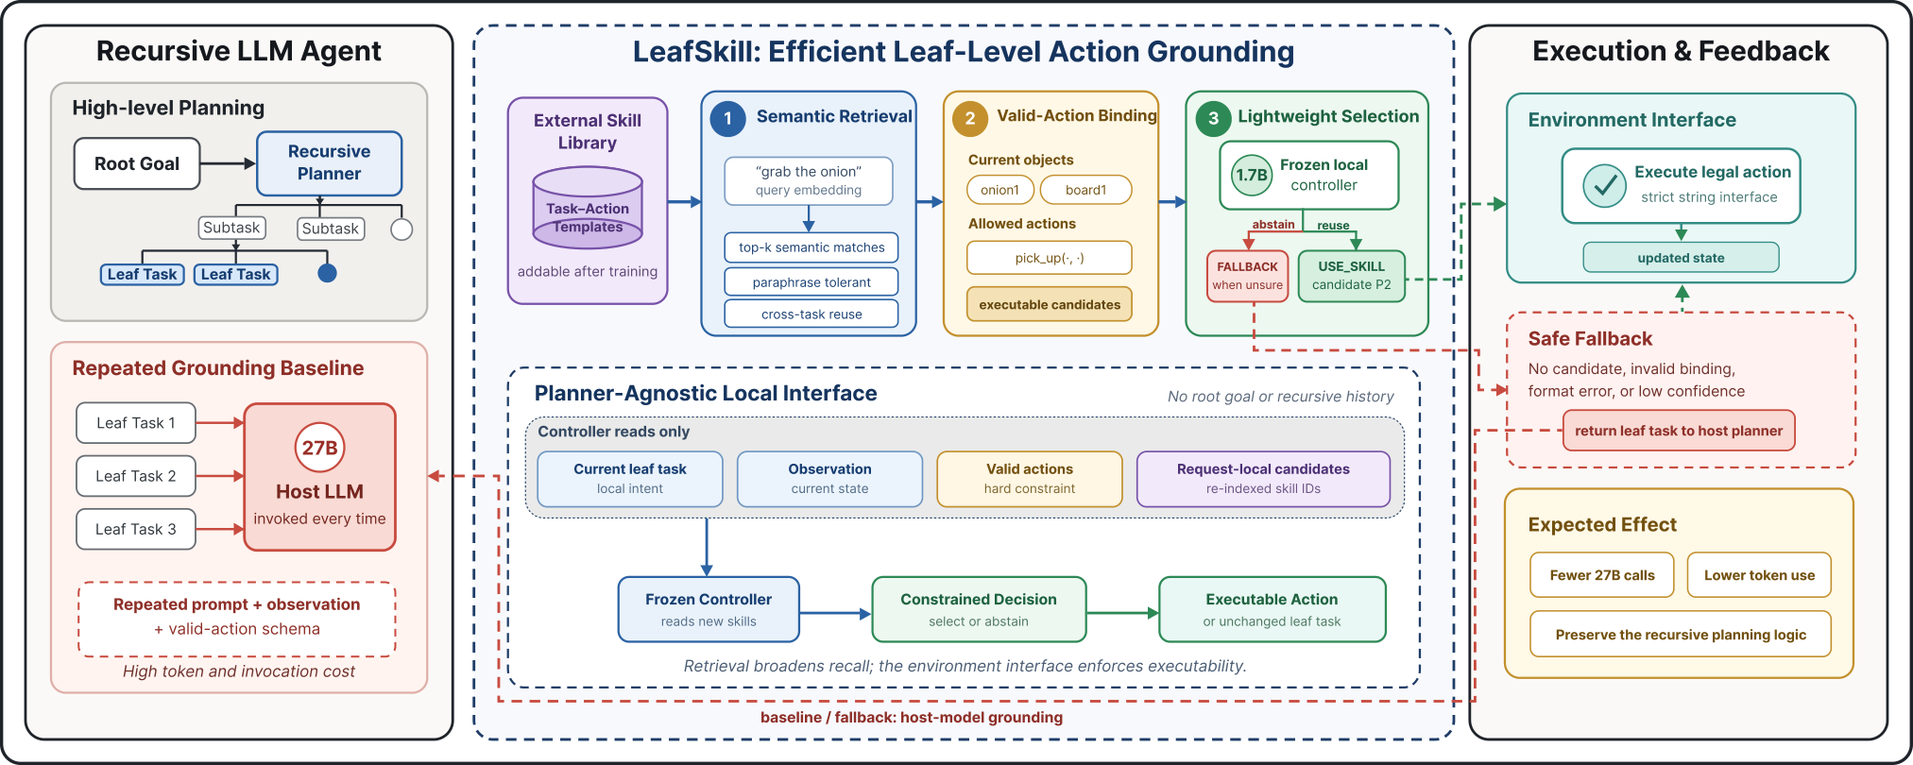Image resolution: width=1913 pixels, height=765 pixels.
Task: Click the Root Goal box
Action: coord(137,163)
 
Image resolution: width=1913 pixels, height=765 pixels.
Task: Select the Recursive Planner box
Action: coord(329,163)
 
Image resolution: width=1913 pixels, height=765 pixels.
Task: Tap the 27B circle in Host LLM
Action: coord(319,448)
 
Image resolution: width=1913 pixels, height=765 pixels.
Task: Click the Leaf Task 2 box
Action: coord(136,476)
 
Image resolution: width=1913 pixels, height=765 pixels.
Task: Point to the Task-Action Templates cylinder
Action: coord(588,208)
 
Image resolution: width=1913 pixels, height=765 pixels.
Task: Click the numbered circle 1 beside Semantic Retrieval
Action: coord(727,118)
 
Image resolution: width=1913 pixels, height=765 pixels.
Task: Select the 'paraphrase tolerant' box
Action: coord(811,281)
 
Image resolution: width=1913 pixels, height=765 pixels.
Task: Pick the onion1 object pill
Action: coord(999,190)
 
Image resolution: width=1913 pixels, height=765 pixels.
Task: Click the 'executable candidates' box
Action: coord(1050,304)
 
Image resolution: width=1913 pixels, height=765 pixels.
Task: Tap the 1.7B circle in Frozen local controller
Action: coord(1252,175)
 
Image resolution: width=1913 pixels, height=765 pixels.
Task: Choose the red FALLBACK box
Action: coord(1247,276)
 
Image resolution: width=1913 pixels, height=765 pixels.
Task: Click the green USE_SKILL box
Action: coord(1351,276)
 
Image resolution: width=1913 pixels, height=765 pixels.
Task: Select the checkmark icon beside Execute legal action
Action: coord(1604,186)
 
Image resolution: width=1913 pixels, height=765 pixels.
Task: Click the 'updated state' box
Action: coord(1681,258)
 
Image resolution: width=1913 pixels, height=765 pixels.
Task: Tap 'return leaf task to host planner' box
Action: coord(1679,431)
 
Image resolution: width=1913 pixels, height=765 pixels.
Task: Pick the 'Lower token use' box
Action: coord(1759,575)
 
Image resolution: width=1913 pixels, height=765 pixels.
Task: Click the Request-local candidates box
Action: coord(1263,479)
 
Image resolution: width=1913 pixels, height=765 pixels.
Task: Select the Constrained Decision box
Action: coord(979,609)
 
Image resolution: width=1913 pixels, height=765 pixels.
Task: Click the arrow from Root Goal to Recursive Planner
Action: coord(229,163)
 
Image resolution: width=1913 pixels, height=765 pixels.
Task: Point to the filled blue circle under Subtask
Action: coord(327,273)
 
